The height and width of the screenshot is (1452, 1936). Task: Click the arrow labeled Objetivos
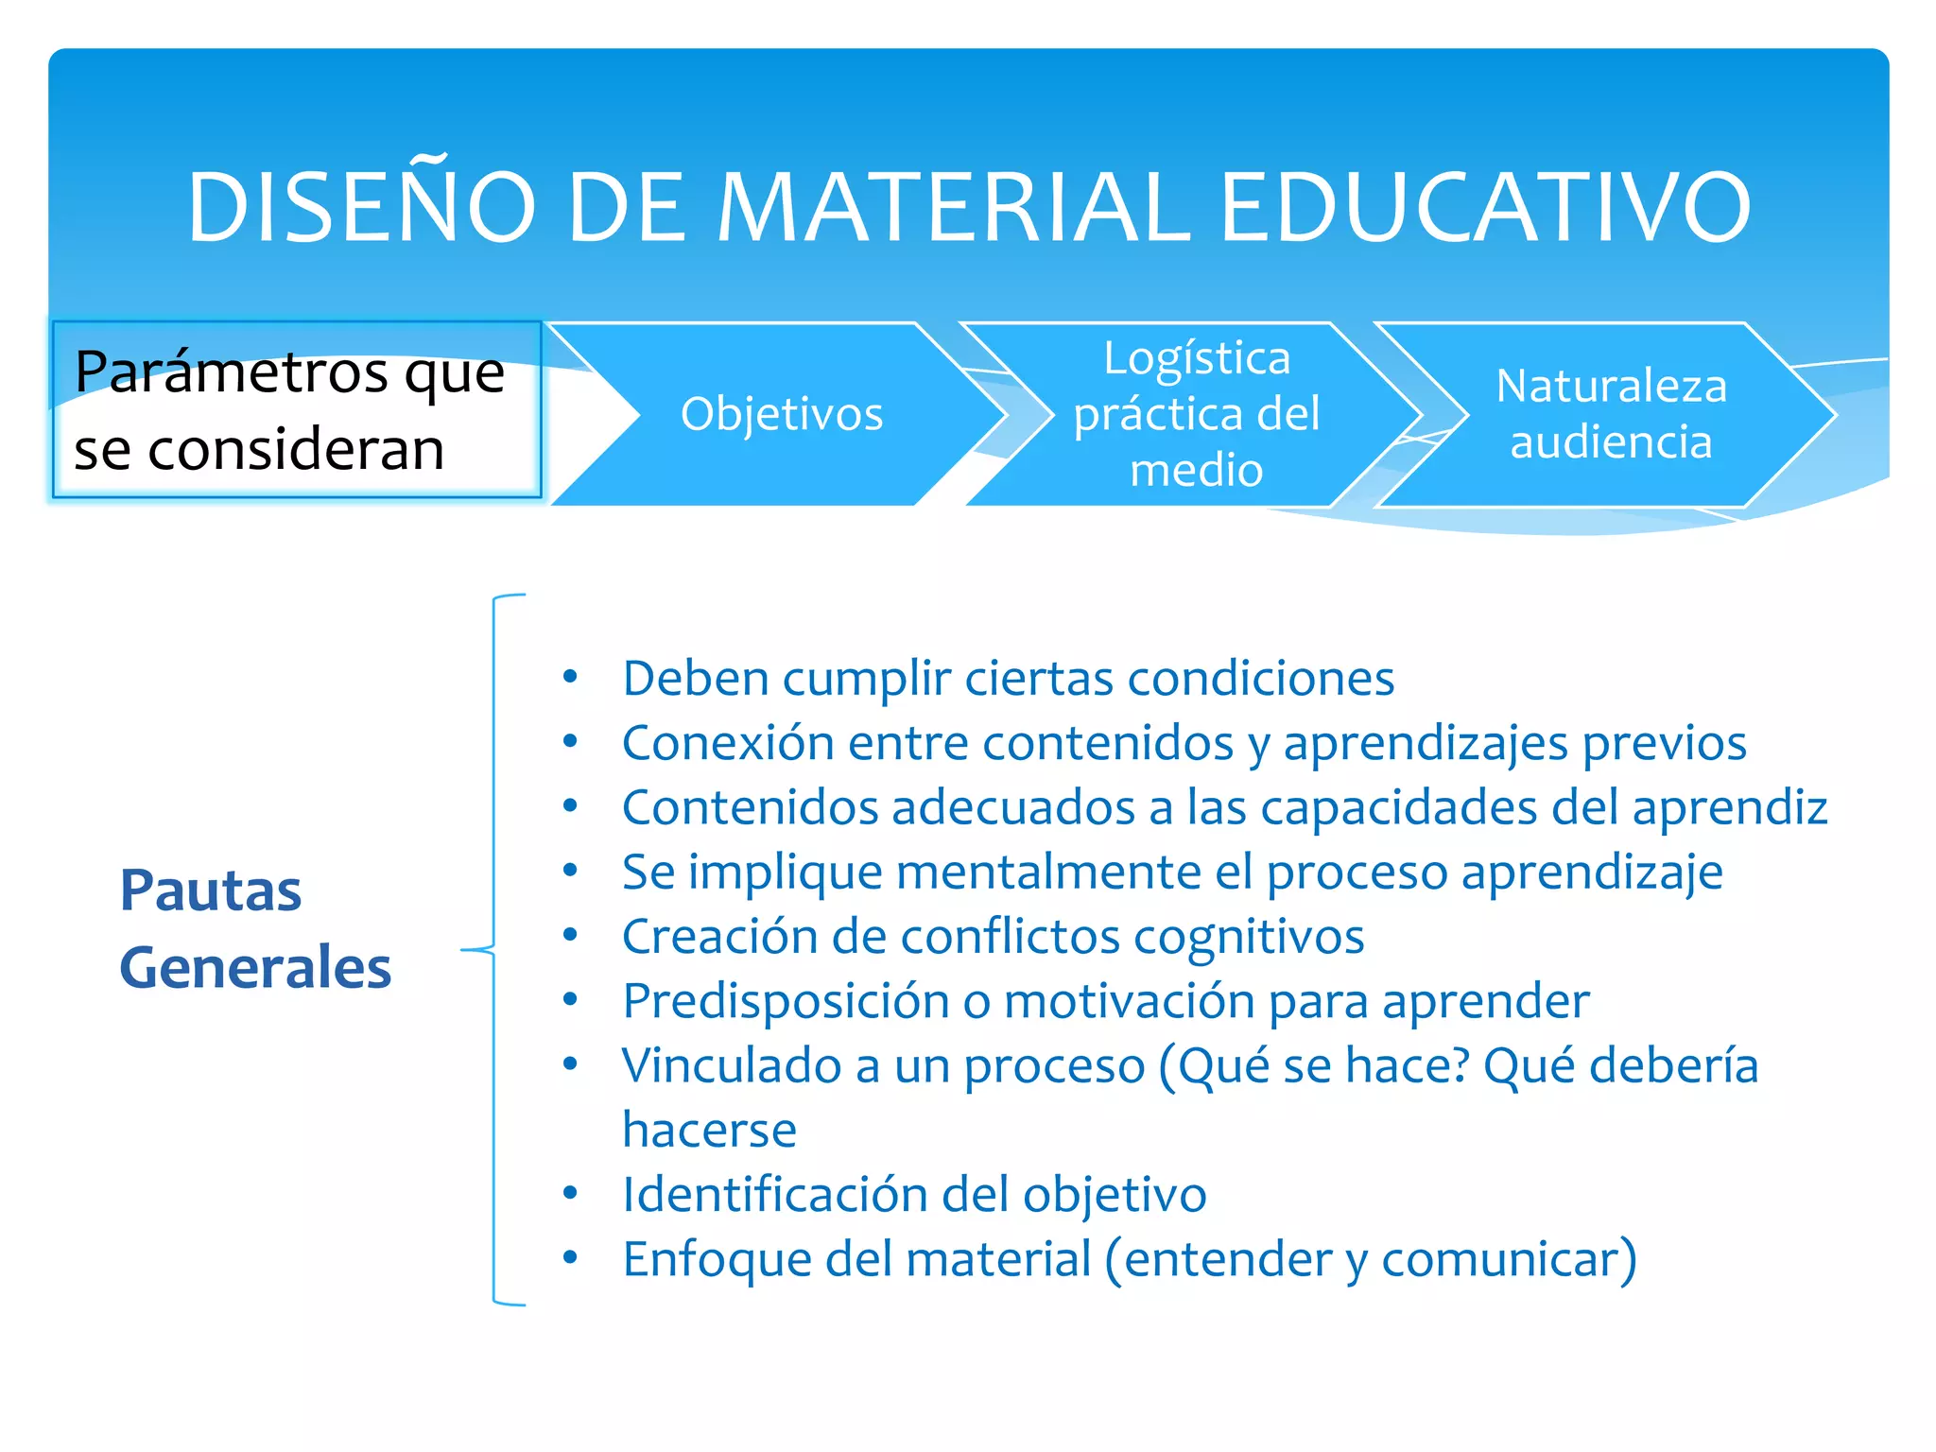[782, 414]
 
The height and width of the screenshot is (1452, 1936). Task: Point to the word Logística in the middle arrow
[1197, 358]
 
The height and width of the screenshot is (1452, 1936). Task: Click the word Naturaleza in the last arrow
[1611, 386]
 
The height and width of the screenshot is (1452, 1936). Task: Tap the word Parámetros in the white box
[232, 372]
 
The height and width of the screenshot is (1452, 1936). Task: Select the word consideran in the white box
[296, 449]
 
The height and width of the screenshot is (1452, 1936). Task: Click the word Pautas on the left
[210, 890]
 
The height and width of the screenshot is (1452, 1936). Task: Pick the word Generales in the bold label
[254, 968]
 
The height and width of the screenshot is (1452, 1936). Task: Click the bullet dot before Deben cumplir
[570, 677]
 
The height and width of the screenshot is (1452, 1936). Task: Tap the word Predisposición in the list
[785, 1001]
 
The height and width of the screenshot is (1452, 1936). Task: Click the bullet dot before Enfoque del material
[570, 1257]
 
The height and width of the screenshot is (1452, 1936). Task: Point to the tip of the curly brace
[463, 949]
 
